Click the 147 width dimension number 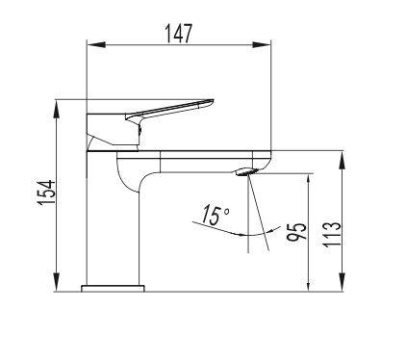tap(179, 34)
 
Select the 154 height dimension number tap(46, 193)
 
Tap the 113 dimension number tap(332, 234)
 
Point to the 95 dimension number tap(297, 231)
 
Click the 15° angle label tap(216, 215)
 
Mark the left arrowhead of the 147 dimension tap(96, 45)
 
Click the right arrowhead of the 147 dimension tap(262, 45)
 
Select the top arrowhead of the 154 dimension tap(57, 109)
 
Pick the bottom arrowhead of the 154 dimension tap(57, 282)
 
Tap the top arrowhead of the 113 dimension tap(343, 160)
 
